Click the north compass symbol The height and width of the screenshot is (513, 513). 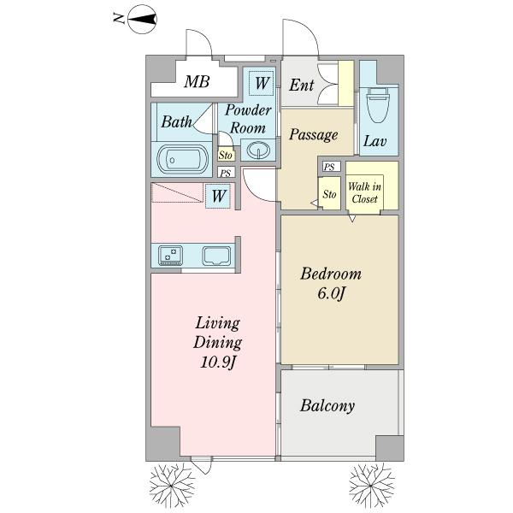[142, 19]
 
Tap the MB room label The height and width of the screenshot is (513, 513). [197, 81]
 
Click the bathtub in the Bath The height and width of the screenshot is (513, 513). [183, 160]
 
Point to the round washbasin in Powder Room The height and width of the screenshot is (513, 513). [258, 150]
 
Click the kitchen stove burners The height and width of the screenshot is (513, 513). [170, 255]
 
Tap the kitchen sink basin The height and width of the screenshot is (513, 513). [216, 256]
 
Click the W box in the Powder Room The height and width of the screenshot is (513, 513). [261, 83]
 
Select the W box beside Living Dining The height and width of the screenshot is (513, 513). [218, 196]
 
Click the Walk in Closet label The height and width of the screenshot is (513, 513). [364, 192]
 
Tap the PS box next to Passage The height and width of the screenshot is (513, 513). [331, 167]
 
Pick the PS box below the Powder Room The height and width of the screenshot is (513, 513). [226, 172]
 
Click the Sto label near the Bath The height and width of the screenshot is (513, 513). [226, 155]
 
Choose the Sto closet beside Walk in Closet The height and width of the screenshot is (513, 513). [329, 194]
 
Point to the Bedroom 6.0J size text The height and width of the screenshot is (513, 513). [331, 293]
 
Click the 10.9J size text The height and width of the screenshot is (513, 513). [217, 362]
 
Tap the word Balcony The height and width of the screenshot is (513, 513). [327, 406]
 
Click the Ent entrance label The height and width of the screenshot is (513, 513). [301, 85]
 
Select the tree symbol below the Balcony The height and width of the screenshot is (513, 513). [372, 485]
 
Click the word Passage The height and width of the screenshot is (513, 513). [314, 134]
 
